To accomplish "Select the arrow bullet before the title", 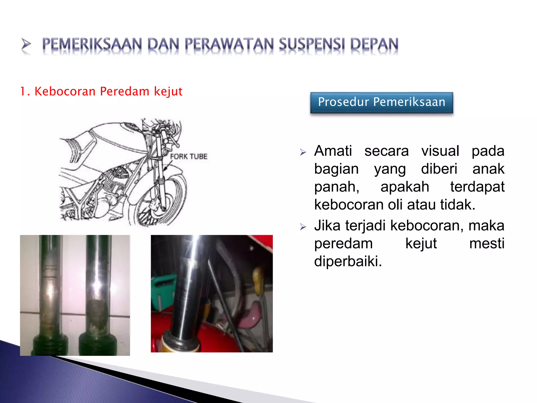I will (26, 44).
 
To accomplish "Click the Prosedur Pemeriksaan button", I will (382, 102).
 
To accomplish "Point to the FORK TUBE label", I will (189, 157).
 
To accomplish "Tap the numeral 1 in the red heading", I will (23, 92).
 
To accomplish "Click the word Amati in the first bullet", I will (333, 151).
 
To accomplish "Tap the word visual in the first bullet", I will (440, 151).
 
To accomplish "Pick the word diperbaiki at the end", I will (348, 261).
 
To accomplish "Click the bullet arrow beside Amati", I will (303, 152).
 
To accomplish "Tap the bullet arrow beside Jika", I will (303, 227).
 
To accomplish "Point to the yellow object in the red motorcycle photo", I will (258, 279).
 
